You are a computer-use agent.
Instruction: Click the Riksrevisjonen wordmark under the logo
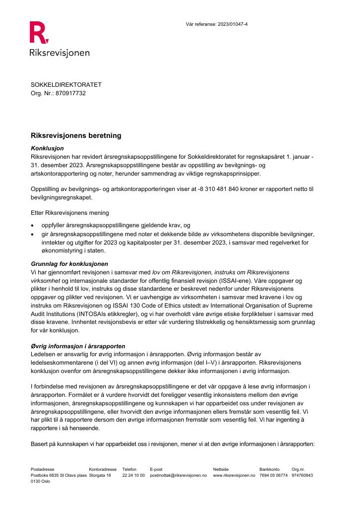[x=60, y=53]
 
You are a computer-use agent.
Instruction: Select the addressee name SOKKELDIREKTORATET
[x=66, y=85]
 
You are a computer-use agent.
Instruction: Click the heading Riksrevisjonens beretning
[x=76, y=135]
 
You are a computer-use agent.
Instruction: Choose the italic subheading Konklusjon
[x=47, y=148]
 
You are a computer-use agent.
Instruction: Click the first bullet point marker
[x=33, y=226]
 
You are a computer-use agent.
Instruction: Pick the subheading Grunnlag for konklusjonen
[x=70, y=263]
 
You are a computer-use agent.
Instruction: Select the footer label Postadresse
[x=42, y=469]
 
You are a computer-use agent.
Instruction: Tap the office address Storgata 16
[x=100, y=475]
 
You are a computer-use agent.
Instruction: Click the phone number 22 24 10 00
[x=133, y=475]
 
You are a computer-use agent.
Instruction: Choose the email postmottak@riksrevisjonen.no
[x=178, y=475]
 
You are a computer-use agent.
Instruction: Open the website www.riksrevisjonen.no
[x=233, y=475]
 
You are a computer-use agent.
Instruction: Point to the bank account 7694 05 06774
[x=273, y=475]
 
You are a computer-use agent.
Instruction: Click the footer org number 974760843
[x=302, y=475]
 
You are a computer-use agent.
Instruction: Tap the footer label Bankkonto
[x=269, y=469]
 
